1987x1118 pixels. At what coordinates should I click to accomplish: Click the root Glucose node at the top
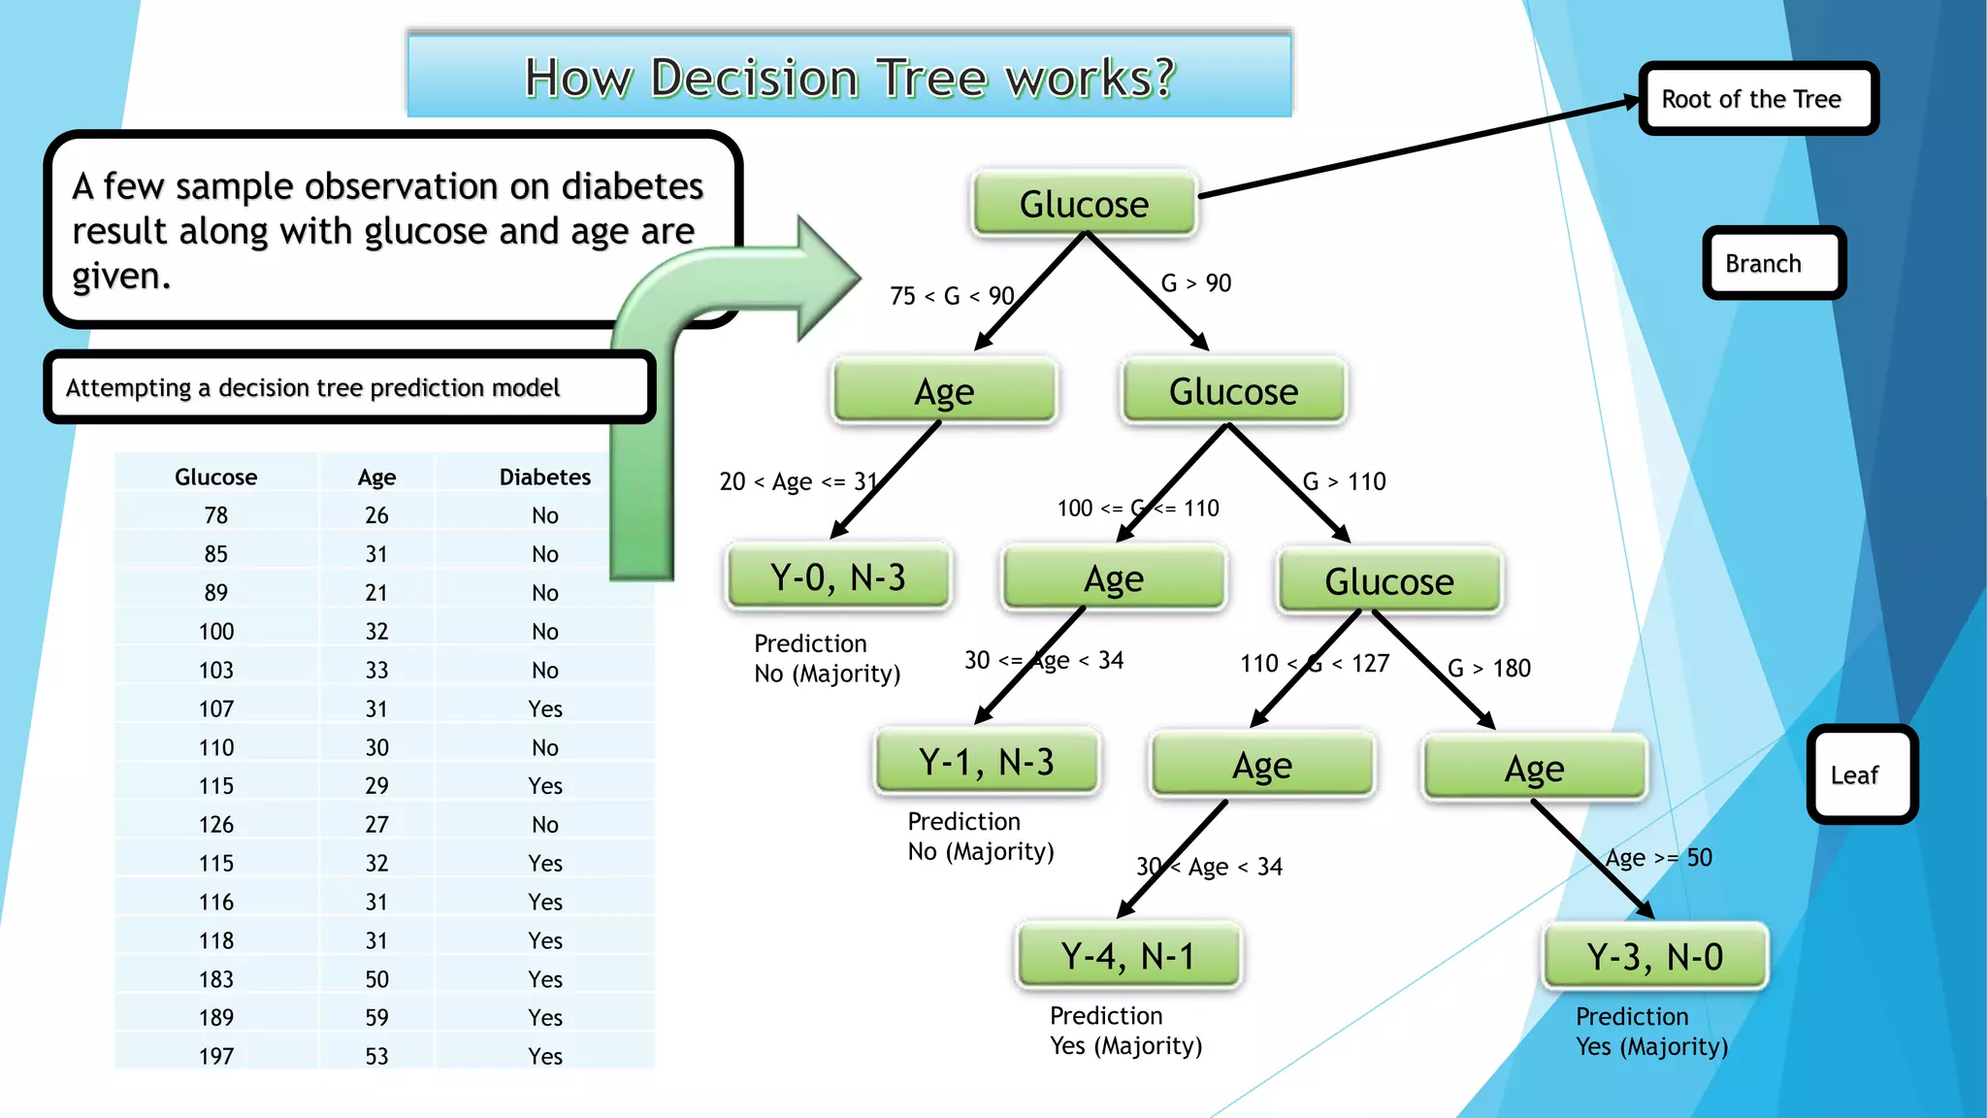pyautogui.click(x=1084, y=204)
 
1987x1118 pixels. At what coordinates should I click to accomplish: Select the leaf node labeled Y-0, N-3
pyautogui.click(x=838, y=577)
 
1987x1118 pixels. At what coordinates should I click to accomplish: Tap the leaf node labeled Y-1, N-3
pyautogui.click(x=987, y=762)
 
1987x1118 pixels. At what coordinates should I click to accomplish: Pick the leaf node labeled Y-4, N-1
pyautogui.click(x=1127, y=956)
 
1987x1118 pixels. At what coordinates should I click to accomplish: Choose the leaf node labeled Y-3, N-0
pyautogui.click(x=1655, y=957)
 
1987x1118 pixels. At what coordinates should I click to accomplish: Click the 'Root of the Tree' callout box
pyautogui.click(x=1758, y=99)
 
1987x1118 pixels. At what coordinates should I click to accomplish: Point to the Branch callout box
pyautogui.click(x=1774, y=263)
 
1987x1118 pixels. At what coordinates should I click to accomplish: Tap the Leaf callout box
pyautogui.click(x=1861, y=774)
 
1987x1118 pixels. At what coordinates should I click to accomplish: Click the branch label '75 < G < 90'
pyautogui.click(x=952, y=296)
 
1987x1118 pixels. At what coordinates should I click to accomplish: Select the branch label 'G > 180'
pyautogui.click(x=1489, y=668)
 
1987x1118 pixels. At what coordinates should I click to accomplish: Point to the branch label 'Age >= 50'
pyautogui.click(x=1659, y=858)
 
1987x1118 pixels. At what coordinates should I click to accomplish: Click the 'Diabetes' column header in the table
pyautogui.click(x=545, y=477)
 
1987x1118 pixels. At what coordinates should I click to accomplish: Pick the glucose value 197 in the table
pyautogui.click(x=216, y=1056)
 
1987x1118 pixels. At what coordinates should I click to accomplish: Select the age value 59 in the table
pyautogui.click(x=376, y=1017)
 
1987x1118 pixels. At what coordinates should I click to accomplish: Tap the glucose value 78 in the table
pyautogui.click(x=216, y=515)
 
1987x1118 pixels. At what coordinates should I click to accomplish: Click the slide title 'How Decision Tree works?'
pyautogui.click(x=850, y=78)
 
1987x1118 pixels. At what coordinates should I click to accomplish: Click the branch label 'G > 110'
pyautogui.click(x=1344, y=481)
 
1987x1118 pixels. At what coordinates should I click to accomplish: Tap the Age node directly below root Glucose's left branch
pyautogui.click(x=944, y=391)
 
